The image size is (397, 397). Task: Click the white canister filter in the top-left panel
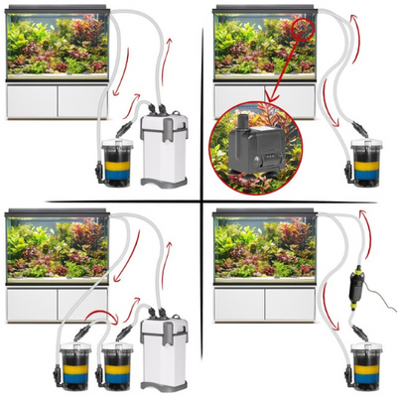pos(164,151)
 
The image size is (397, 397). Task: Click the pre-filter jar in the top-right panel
pos(366,164)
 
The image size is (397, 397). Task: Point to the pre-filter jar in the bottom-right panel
pos(366,365)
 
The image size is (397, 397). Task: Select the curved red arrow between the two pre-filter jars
pos(99,318)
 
